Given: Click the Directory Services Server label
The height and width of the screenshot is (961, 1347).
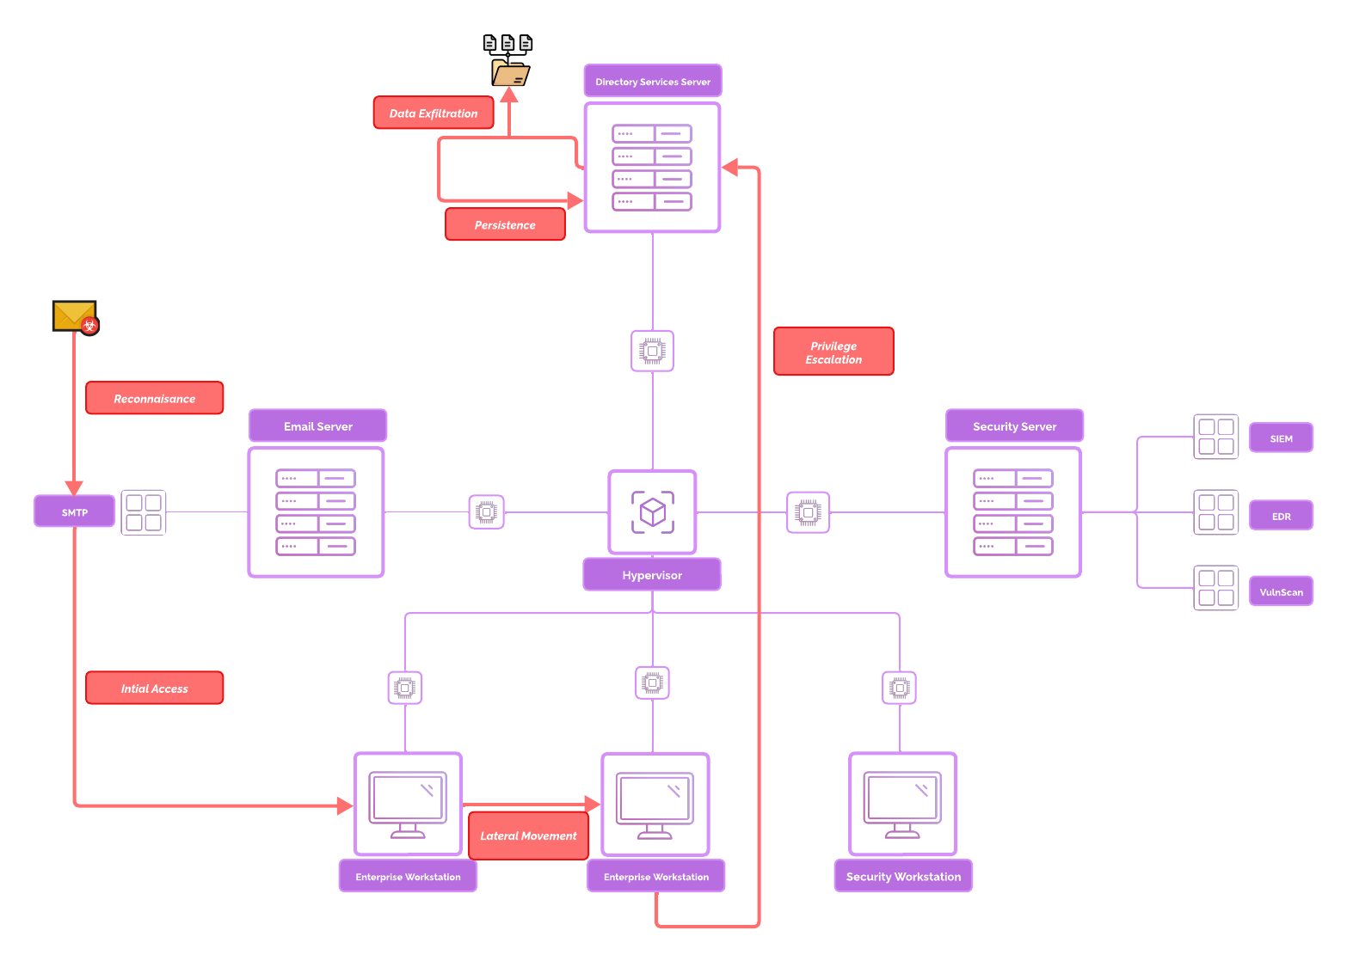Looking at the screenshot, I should tap(653, 82).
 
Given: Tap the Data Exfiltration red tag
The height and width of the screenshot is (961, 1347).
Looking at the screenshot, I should tap(434, 113).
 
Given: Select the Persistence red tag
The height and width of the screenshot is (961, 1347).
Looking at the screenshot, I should tap(505, 225).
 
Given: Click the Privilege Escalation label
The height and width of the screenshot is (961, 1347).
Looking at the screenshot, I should tap(833, 352).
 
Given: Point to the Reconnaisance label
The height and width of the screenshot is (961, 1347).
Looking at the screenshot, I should tap(155, 399).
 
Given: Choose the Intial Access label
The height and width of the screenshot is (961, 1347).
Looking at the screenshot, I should tap(155, 689).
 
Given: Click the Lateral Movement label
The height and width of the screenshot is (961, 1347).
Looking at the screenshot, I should tap(528, 836).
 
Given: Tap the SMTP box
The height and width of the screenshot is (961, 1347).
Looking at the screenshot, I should tap(75, 512).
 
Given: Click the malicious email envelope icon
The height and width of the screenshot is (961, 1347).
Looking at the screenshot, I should tap(76, 316).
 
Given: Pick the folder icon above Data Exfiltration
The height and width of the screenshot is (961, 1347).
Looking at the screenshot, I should tap(510, 73).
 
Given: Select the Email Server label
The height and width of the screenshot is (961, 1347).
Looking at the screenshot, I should tap(318, 426).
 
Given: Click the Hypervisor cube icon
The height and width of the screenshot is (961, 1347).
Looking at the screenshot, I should tap(653, 512).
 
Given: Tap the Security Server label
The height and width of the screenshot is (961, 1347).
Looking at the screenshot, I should tap(1014, 426).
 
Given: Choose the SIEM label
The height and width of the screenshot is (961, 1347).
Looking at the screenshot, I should tap(1281, 438).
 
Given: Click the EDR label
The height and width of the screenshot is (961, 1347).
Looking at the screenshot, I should tap(1281, 517).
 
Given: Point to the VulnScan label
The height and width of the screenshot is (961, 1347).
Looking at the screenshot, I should tap(1281, 592).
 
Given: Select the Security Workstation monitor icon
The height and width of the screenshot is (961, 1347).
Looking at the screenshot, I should tap(903, 805).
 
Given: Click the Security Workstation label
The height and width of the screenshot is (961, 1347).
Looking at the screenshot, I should tap(903, 877).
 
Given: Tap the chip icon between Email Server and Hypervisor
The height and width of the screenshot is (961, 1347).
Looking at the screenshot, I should tap(487, 512).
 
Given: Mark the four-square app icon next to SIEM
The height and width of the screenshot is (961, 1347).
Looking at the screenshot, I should tap(1216, 437).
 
